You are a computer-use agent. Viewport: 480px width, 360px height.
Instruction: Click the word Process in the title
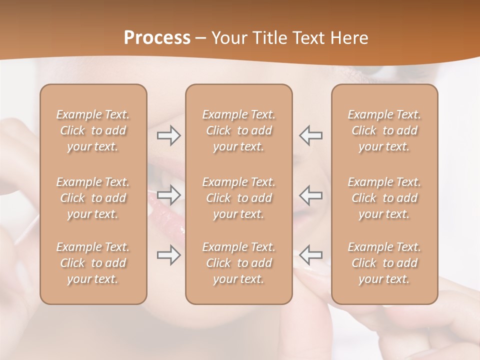[157, 37]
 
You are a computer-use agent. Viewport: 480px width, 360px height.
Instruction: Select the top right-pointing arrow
[168, 135]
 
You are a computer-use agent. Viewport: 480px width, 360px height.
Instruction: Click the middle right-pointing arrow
[168, 194]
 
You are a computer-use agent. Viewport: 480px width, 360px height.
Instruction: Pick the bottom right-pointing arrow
[168, 255]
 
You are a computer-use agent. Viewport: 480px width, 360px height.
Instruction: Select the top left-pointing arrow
[310, 135]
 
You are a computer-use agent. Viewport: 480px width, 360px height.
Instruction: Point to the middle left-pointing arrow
[310, 194]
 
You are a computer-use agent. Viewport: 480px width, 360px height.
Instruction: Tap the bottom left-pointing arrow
[310, 255]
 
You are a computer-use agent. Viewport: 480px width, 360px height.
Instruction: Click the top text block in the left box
[93, 130]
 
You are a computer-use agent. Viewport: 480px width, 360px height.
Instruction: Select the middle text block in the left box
[93, 198]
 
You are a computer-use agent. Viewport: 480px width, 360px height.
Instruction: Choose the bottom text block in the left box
[93, 263]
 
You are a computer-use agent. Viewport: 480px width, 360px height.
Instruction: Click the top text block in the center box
[239, 130]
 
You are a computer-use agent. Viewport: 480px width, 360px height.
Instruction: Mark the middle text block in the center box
[239, 198]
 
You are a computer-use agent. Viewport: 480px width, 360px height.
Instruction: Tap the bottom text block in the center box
[239, 263]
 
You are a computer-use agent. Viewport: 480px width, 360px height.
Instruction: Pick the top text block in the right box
[384, 130]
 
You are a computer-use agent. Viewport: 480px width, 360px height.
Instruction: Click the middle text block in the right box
[384, 198]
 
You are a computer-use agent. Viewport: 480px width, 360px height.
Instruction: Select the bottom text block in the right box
[384, 263]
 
